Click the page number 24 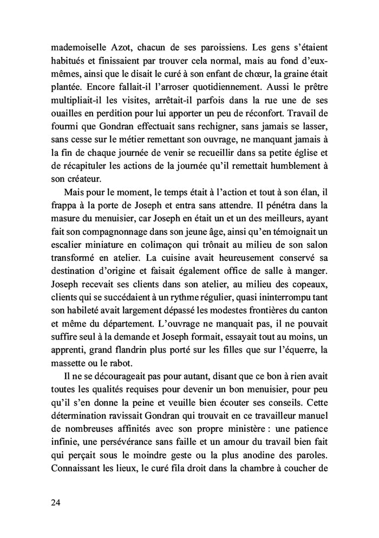click(x=54, y=502)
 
